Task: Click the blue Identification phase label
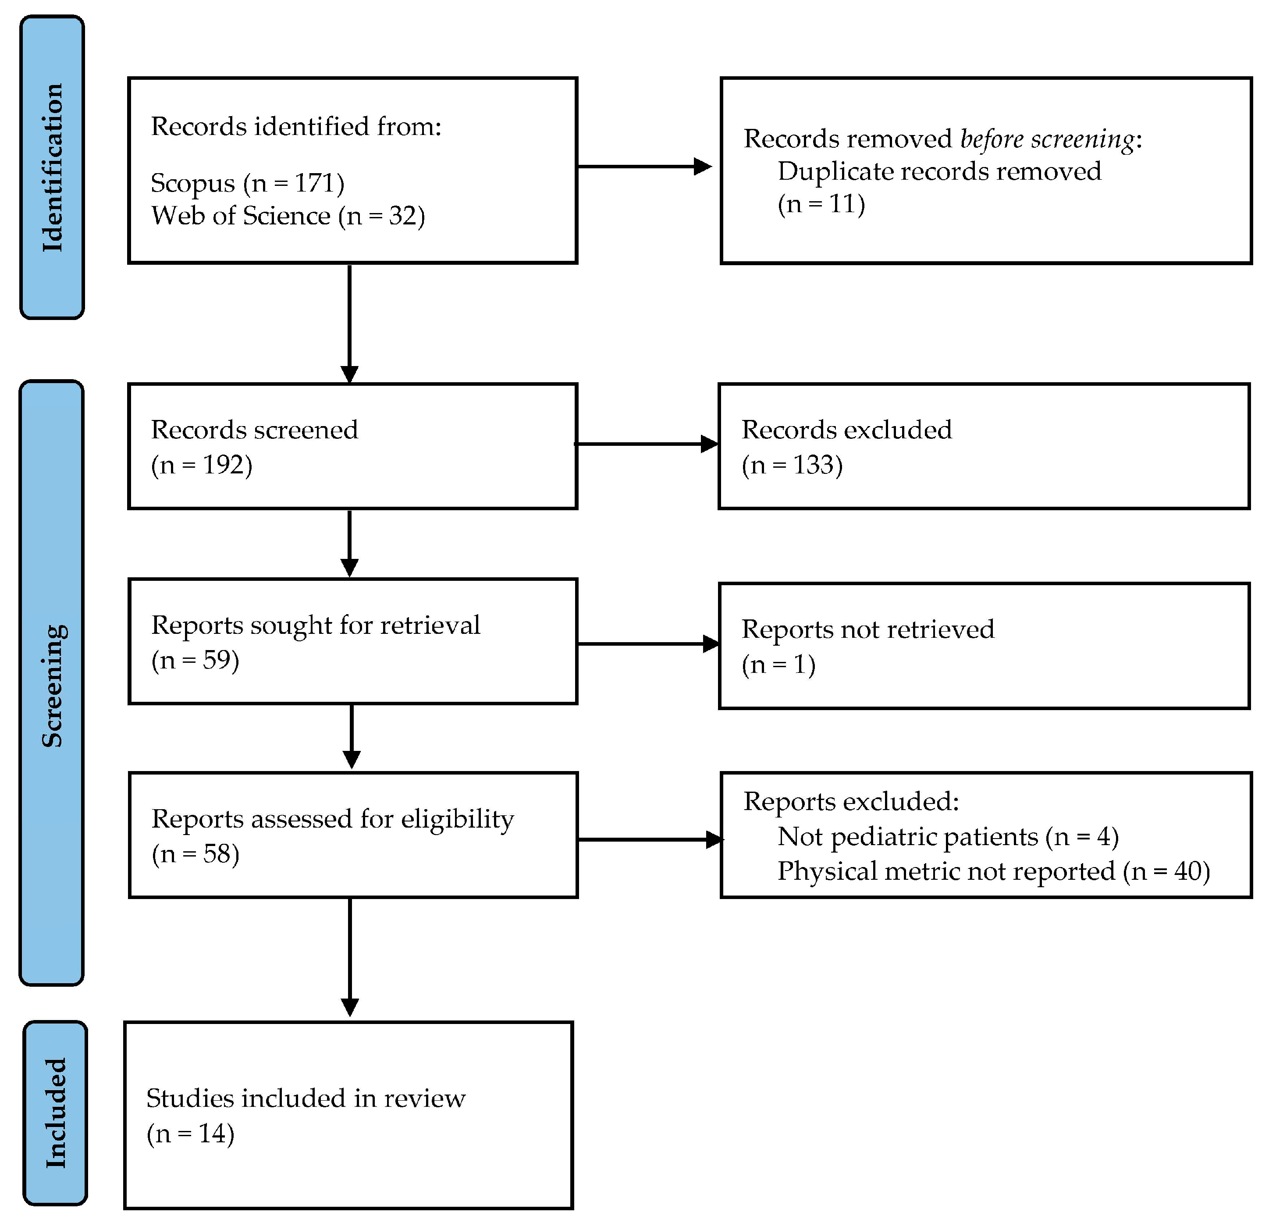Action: pyautogui.click(x=52, y=167)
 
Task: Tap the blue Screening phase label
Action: pyautogui.click(x=52, y=684)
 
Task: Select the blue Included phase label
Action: pyautogui.click(x=55, y=1113)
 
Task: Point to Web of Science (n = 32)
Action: pyautogui.click(x=288, y=216)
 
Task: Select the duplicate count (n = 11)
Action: pyautogui.click(x=821, y=204)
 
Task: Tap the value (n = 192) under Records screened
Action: pyautogui.click(x=202, y=465)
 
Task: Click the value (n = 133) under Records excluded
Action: pyautogui.click(x=792, y=465)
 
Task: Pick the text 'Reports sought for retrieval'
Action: pyautogui.click(x=316, y=625)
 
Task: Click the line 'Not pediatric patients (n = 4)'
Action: pyautogui.click(x=948, y=837)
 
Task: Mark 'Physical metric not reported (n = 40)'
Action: pyautogui.click(x=993, y=871)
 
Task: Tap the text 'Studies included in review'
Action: pyautogui.click(x=306, y=1098)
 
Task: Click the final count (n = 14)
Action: pyautogui.click(x=190, y=1134)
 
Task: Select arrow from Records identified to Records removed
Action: pyautogui.click(x=644, y=167)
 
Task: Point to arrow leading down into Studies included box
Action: pyautogui.click(x=350, y=957)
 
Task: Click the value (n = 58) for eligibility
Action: pyautogui.click(x=195, y=853)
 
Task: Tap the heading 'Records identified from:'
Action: pyautogui.click(x=296, y=126)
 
